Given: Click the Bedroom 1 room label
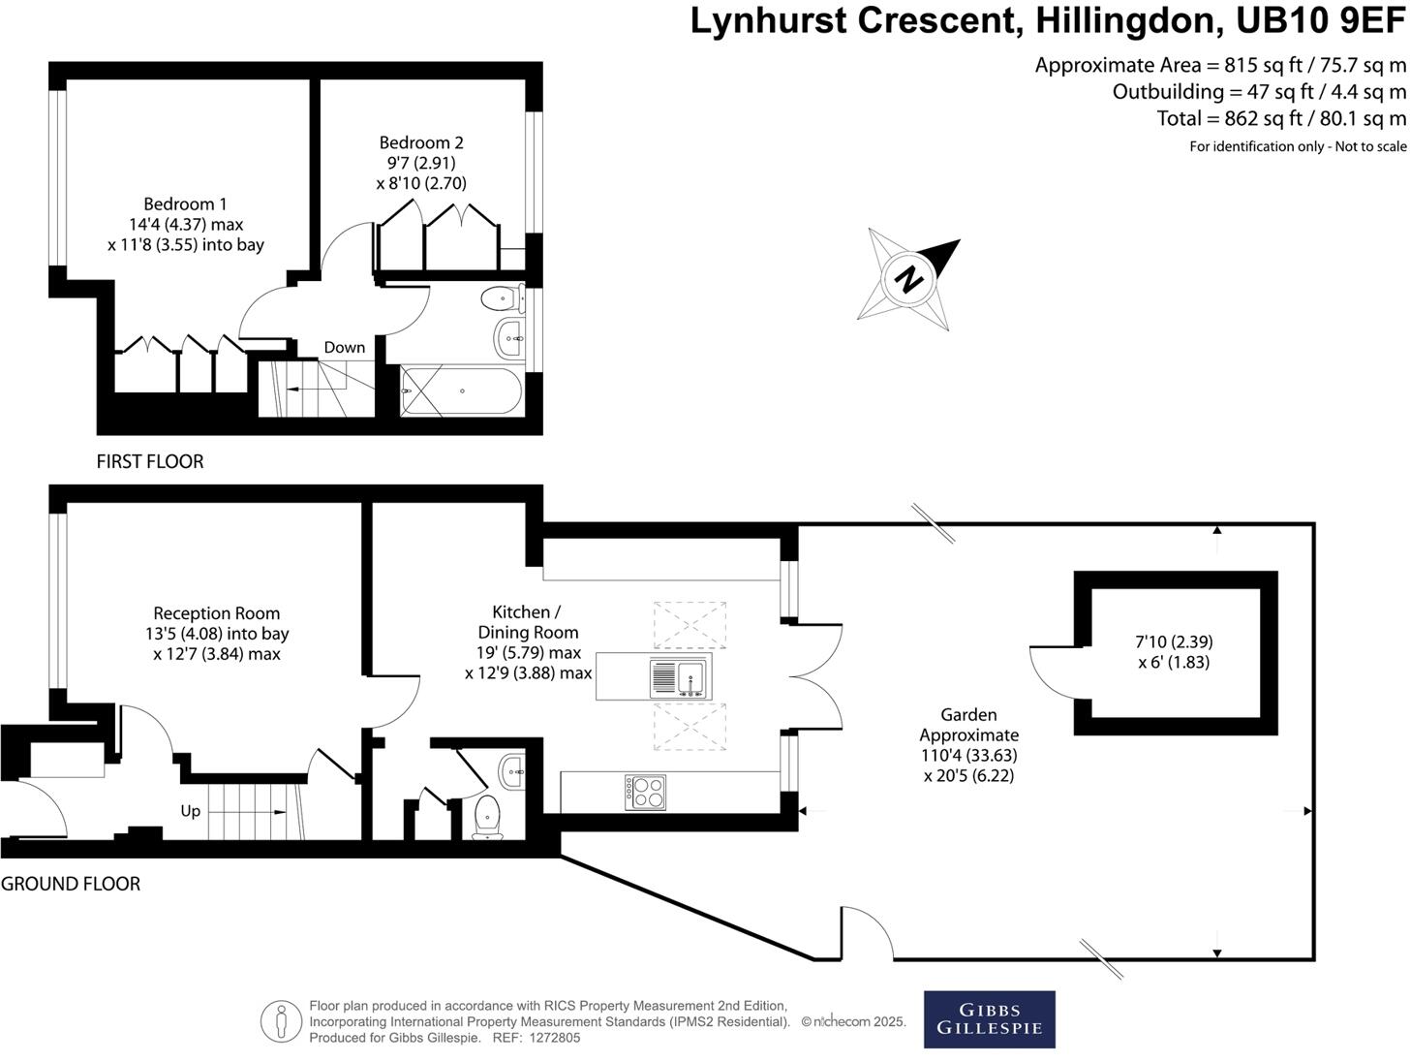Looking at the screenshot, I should [185, 204].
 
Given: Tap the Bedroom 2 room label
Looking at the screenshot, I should [421, 143].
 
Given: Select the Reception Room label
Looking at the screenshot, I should [217, 613].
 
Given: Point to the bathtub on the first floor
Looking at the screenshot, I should [462, 390].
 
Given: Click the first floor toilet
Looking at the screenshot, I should [501, 297].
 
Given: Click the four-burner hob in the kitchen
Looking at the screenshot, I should [645, 793].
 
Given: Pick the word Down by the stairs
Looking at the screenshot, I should [345, 347].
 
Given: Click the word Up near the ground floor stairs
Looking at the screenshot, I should [191, 810].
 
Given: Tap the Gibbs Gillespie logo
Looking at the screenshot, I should [989, 1018].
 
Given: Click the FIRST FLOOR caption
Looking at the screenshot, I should [150, 461].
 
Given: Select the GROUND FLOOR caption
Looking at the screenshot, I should [71, 884].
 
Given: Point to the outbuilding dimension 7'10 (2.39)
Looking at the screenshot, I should [1174, 641].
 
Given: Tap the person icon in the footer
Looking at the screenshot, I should [281, 1021].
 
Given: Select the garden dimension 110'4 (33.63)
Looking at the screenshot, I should [968, 755].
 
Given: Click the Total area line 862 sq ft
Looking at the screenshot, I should [1280, 118].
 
